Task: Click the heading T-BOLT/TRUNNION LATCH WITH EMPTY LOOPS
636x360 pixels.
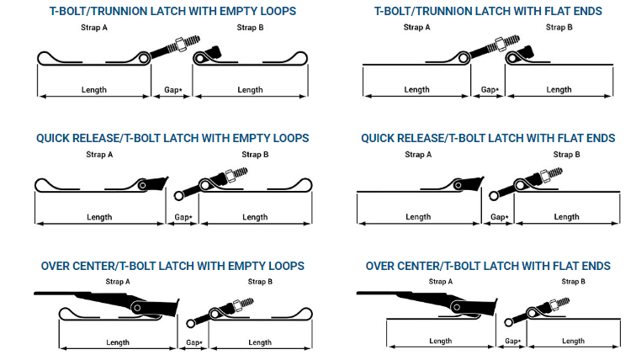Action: coord(172,11)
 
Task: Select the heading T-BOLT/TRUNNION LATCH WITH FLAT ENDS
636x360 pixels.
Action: coord(488,11)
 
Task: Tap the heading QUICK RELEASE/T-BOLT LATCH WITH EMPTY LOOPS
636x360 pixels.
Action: coord(172,138)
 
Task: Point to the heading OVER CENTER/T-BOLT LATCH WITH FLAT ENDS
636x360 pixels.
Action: coord(488,266)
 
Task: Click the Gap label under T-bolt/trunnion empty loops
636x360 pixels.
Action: coord(173,90)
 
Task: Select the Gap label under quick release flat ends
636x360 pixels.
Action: coord(500,217)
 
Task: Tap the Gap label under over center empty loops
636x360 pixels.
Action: coord(194,342)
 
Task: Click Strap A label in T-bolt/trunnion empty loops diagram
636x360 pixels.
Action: coord(94,28)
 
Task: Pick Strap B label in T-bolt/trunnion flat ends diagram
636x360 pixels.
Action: coord(559,27)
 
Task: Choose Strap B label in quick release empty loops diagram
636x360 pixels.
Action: coord(255,155)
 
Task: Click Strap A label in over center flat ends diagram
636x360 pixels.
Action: coord(441,281)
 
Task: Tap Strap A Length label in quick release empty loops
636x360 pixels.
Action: coord(99,217)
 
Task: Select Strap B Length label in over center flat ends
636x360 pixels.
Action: coord(573,341)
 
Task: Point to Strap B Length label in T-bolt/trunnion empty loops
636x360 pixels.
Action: coord(250,90)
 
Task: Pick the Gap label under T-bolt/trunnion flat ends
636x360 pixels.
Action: coord(490,90)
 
